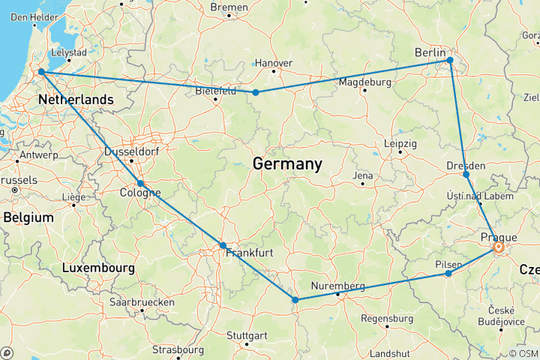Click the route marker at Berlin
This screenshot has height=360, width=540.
point(449,60)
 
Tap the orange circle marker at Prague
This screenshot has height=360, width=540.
point(498,246)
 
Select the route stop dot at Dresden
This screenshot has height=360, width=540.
point(466,175)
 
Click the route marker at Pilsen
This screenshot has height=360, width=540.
point(448,274)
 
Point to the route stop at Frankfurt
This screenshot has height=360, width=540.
point(223,246)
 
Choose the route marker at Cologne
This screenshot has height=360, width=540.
point(140,184)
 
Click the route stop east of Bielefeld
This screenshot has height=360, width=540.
point(256,92)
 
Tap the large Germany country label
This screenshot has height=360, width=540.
point(287,163)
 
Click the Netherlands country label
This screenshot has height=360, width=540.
point(76,100)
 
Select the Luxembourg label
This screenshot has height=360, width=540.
point(98,268)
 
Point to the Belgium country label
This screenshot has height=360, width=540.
point(28,217)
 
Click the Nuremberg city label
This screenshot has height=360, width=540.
point(339,286)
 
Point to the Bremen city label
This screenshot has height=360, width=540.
point(229,7)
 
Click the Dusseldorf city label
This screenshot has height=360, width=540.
point(130,151)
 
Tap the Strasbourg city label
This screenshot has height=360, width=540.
point(178,349)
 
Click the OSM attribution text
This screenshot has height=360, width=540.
point(523,353)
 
